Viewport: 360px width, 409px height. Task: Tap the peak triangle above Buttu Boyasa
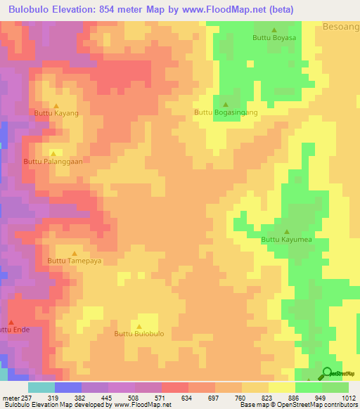click(274, 30)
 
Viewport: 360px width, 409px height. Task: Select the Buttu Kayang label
click(56, 112)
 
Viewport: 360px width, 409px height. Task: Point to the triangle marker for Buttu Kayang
click(56, 105)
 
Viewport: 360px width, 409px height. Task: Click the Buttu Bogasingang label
click(226, 112)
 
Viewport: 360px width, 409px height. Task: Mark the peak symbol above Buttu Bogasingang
click(225, 104)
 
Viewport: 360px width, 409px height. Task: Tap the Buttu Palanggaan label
click(53, 161)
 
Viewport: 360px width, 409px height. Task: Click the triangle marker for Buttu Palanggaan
click(53, 152)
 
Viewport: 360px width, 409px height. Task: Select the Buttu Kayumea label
click(286, 240)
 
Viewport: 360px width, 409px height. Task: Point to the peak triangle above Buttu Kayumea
click(286, 231)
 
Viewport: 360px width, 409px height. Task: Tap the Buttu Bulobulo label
click(139, 334)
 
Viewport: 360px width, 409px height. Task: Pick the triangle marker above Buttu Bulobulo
click(139, 326)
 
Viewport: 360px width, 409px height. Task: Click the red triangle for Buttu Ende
click(11, 322)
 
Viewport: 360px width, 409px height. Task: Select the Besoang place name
click(342, 27)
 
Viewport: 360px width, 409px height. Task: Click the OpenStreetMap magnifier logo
click(327, 373)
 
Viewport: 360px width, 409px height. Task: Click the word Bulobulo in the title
click(36, 10)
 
